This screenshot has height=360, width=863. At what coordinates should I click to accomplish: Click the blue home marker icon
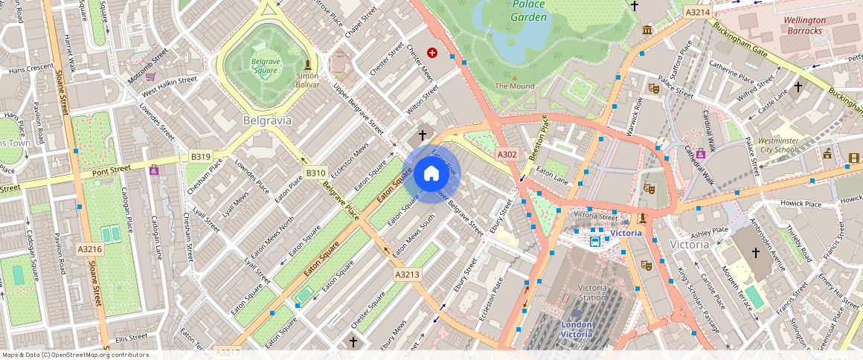[431, 174]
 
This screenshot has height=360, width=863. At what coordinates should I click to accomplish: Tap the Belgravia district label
[267, 120]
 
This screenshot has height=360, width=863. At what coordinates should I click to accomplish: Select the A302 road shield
[507, 154]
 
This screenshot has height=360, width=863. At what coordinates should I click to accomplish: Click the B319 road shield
[200, 157]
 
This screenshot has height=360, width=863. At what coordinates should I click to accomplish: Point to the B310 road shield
[315, 173]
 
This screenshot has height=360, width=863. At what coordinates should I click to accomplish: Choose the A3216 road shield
[89, 248]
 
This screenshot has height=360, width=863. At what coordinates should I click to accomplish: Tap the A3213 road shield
[407, 274]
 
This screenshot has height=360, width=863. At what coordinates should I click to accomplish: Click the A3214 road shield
[697, 12]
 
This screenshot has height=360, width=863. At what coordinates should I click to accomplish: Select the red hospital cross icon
[432, 53]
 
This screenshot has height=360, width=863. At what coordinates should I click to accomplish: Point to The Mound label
[515, 86]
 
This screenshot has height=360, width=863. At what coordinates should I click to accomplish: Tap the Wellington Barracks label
[806, 25]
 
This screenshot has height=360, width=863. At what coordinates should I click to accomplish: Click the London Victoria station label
[576, 330]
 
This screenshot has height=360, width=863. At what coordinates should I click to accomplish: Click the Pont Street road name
[112, 170]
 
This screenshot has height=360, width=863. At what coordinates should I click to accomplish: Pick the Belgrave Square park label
[263, 65]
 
